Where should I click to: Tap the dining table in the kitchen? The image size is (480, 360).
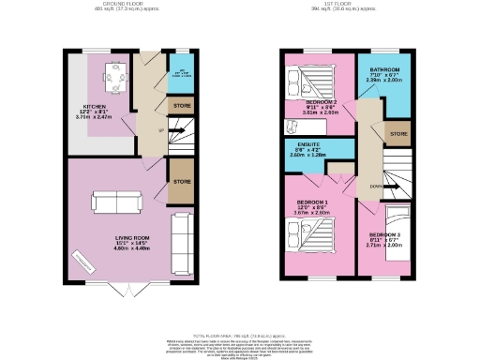click(117, 75)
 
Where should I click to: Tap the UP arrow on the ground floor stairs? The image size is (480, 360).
click(160, 130)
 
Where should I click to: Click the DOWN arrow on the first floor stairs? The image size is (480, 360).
click(375, 185)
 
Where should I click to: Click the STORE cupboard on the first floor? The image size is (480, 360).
click(399, 134)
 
